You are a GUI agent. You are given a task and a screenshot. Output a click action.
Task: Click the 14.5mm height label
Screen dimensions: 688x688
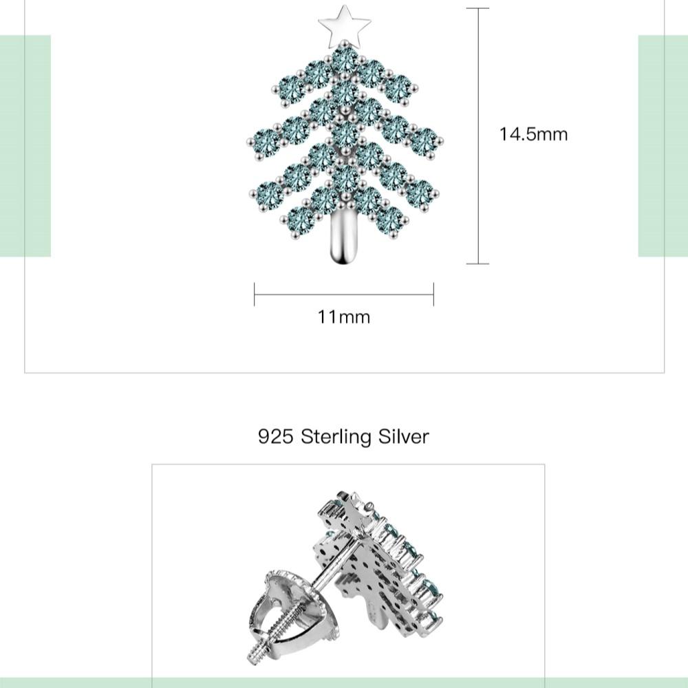[533, 133]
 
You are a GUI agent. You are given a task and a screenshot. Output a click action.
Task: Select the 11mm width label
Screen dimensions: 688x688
[343, 317]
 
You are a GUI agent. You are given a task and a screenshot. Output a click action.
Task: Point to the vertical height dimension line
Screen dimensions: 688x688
[477, 138]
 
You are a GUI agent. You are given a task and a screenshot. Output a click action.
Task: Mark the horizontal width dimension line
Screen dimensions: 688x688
[344, 294]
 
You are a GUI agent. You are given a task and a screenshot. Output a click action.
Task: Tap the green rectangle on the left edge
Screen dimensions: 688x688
[25, 146]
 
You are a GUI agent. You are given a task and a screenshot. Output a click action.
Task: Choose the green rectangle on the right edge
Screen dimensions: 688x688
[663, 146]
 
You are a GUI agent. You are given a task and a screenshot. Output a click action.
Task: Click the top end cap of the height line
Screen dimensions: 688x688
[477, 8]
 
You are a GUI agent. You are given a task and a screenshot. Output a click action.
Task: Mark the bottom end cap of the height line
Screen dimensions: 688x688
[477, 264]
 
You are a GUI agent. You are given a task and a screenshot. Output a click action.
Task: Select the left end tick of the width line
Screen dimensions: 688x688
[255, 294]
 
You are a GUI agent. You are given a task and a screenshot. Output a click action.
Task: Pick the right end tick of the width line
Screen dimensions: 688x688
[433, 294]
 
